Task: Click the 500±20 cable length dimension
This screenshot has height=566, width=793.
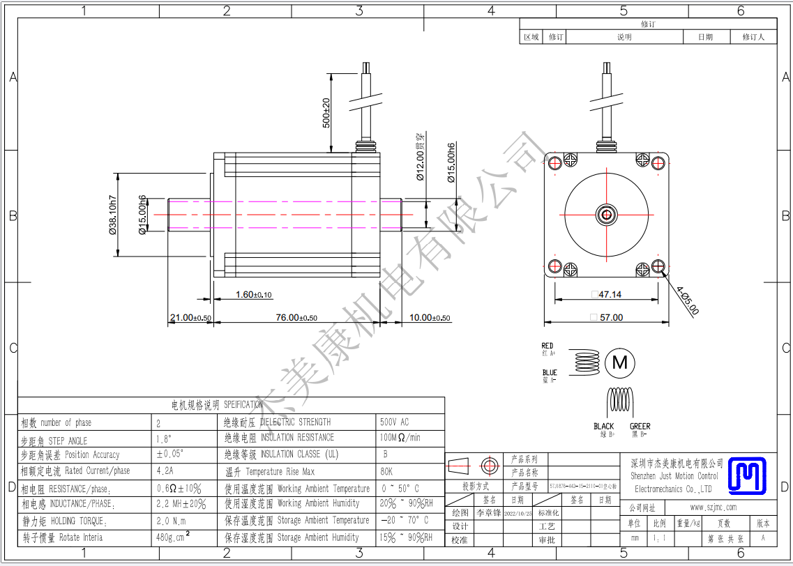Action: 326,112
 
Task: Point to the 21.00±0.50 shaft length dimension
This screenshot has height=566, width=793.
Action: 190,318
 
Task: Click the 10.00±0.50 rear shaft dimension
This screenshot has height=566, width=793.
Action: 430,318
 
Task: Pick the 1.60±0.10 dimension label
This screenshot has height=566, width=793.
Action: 254,295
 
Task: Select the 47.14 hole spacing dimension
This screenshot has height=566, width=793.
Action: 608,295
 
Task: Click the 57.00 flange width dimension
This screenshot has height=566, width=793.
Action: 608,317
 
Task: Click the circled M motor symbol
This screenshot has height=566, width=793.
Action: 619,362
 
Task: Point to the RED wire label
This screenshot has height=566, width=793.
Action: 547,346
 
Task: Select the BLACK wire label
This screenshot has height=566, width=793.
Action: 604,426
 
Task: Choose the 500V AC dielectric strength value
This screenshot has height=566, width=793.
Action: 394,422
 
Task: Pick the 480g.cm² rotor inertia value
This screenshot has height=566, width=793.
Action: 173,537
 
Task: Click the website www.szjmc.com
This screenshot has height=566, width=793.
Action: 713,507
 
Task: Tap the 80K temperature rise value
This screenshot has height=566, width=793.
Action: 386,471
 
